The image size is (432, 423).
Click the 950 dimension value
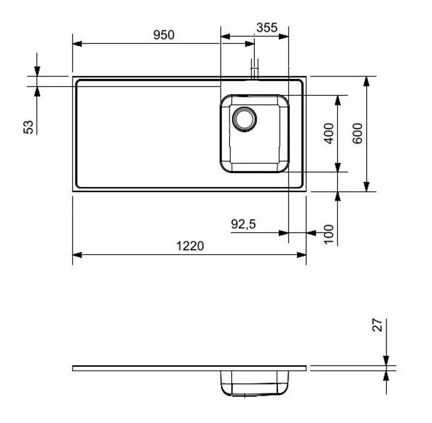point(164,35)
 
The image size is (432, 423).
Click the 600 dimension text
point(357,133)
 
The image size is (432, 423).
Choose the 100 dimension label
point(328,234)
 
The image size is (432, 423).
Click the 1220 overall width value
point(190,247)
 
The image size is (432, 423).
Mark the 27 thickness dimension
point(377,325)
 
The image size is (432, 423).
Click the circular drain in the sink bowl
point(245,118)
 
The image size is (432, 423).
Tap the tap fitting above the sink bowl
point(254,71)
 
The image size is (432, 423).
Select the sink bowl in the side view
point(254,384)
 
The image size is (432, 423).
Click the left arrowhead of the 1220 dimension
point(77,255)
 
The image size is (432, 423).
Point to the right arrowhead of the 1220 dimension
point(302,255)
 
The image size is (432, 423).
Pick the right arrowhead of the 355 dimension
point(284,37)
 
